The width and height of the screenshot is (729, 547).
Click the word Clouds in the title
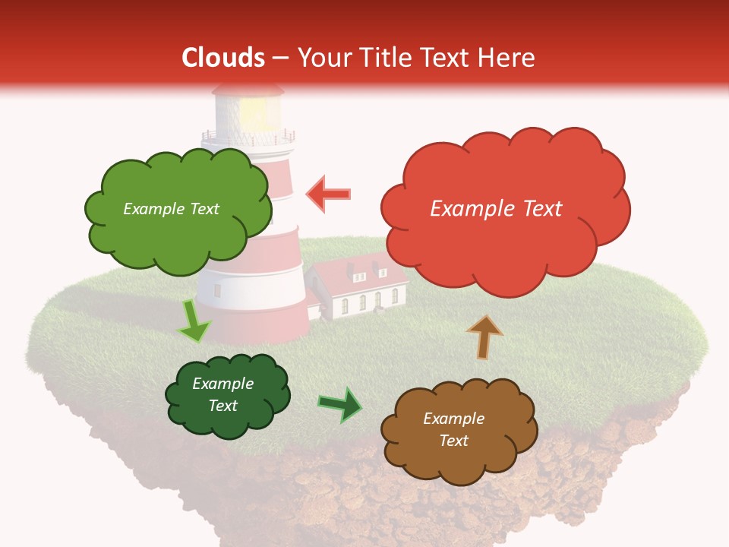click(223, 58)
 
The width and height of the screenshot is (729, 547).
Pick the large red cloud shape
click(503, 208)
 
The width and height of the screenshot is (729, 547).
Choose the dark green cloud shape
click(226, 395)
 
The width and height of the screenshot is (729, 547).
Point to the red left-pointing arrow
click(329, 194)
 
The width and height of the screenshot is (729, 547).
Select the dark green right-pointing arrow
click(340, 403)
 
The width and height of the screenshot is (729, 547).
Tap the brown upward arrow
click(484, 336)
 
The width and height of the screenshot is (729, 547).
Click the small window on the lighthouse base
click(218, 289)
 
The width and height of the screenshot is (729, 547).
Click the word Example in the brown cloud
click(453, 419)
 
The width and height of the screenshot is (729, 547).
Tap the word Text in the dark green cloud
click(222, 406)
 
